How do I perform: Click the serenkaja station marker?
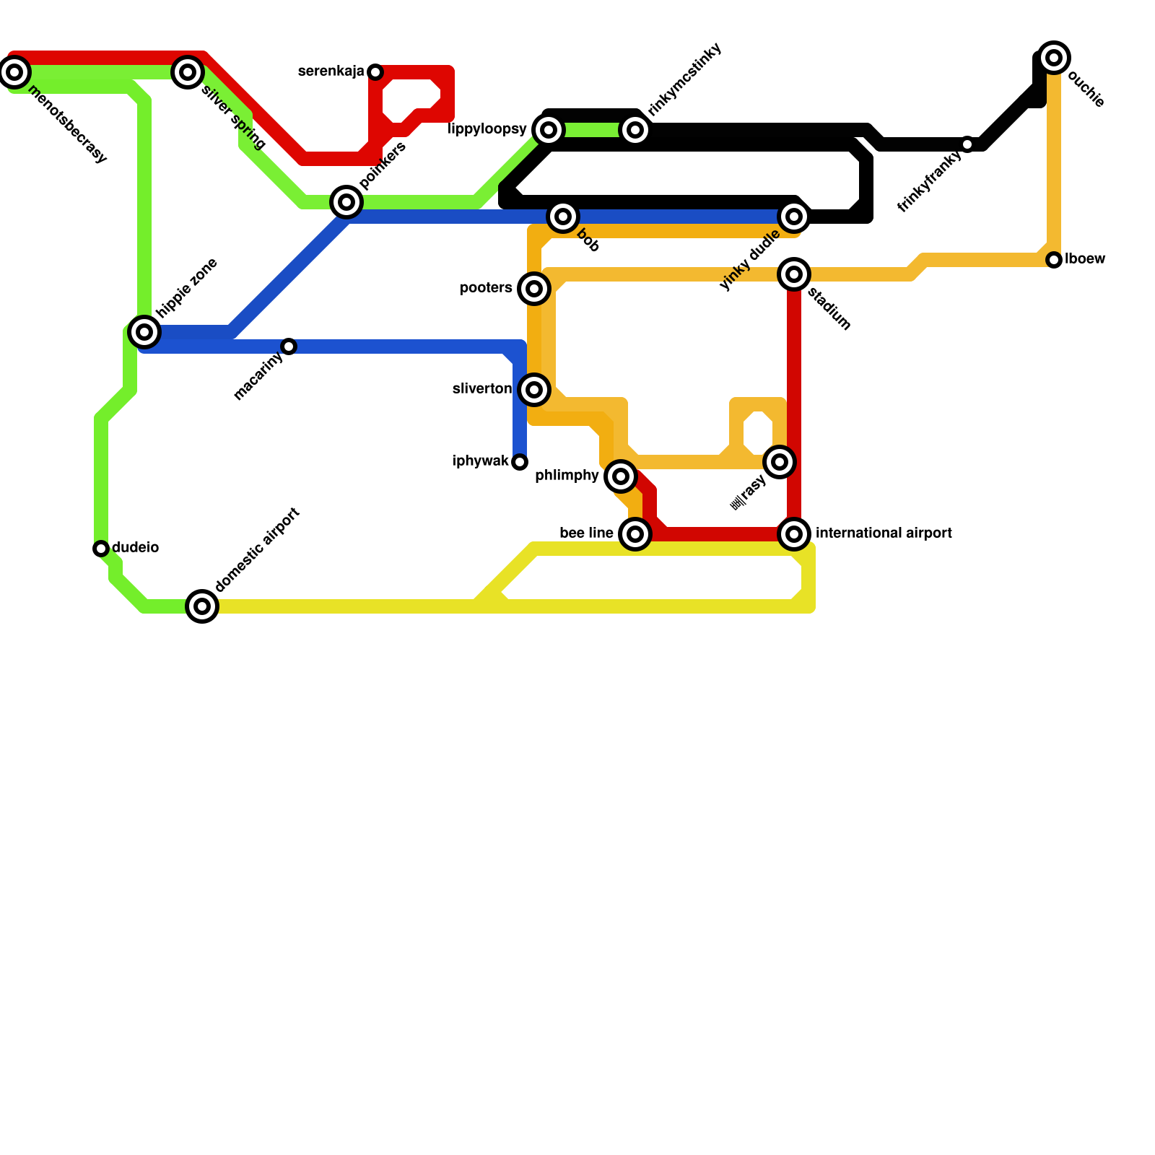[375, 72]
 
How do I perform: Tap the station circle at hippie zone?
[144, 332]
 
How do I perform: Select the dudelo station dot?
[101, 549]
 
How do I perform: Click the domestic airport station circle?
[202, 606]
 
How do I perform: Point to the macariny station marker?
[289, 346]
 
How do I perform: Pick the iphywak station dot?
[520, 462]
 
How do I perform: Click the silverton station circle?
[534, 390]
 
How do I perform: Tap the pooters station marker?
[534, 289]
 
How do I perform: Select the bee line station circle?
[635, 534]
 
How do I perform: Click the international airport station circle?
[794, 534]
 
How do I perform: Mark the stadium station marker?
[794, 274]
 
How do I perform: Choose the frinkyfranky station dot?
[967, 144]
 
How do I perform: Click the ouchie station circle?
[1054, 58]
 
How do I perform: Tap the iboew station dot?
[1054, 260]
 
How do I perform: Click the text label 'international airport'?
[884, 533]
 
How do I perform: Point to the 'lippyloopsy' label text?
[487, 129]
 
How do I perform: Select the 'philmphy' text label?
[567, 476]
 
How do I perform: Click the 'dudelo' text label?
[136, 548]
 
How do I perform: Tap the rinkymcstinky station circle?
[635, 130]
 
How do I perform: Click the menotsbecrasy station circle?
[14, 72]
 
